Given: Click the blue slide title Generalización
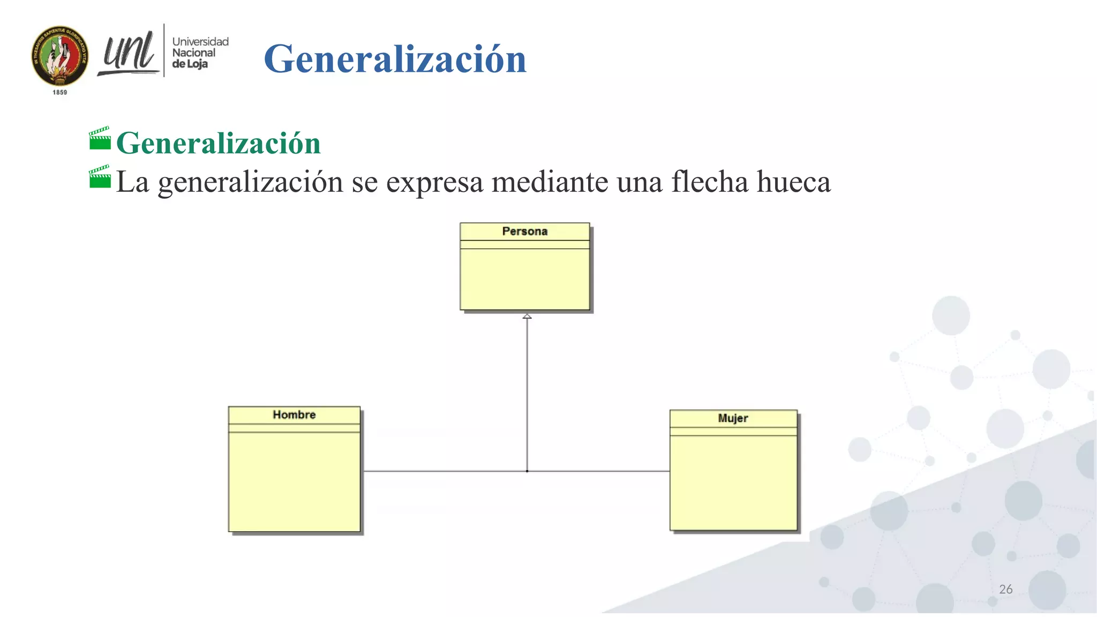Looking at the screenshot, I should (395, 59).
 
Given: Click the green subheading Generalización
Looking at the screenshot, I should (218, 143).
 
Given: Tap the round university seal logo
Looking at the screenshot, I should (60, 56).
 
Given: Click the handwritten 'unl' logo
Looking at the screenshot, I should (129, 54).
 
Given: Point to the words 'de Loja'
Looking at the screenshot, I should (190, 64).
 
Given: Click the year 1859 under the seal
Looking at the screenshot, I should (60, 93).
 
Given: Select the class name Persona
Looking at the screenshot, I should (524, 231).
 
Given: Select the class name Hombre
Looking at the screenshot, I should (294, 415).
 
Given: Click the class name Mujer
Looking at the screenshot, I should (733, 418).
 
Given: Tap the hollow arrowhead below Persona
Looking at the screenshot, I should (527, 317).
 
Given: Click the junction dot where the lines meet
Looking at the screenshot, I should (527, 471).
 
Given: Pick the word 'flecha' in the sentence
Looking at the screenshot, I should (710, 182).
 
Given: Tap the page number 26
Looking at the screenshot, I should (1005, 589).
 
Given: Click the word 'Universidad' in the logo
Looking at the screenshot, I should (200, 42).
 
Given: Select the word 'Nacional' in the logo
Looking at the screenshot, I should (193, 53).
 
